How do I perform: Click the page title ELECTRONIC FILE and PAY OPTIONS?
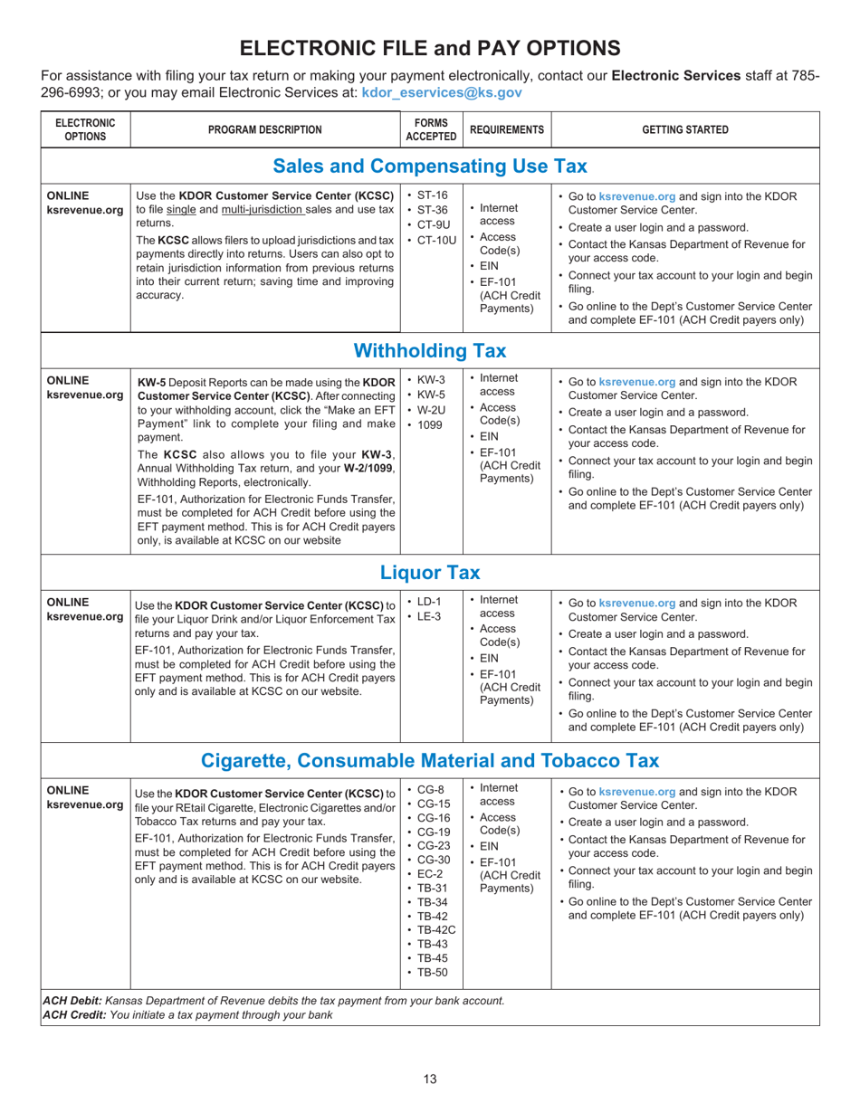(x=430, y=47)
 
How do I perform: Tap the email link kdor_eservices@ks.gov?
(x=442, y=93)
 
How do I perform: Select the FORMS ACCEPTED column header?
(x=431, y=129)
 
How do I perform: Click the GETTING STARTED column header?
(x=684, y=129)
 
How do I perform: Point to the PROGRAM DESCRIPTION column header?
(x=264, y=129)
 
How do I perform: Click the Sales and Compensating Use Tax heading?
(x=430, y=166)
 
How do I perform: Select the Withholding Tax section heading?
(x=430, y=349)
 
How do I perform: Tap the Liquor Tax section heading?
(x=430, y=572)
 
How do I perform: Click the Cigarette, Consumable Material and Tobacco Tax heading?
(x=430, y=759)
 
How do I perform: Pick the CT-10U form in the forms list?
(x=436, y=239)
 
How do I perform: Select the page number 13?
(x=430, y=1077)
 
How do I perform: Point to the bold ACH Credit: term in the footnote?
(x=74, y=1014)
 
